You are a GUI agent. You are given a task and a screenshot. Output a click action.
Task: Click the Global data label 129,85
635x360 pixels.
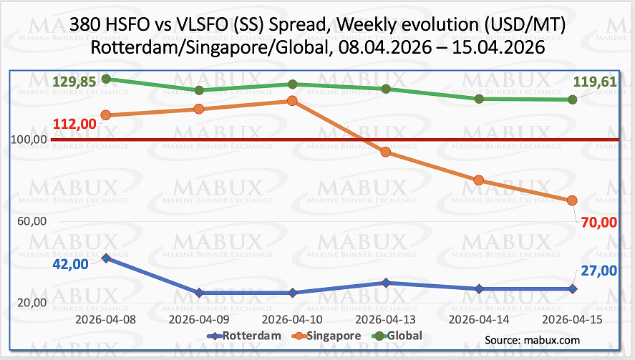(x=74, y=82)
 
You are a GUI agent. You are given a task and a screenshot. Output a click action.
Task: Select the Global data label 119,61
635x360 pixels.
(x=595, y=82)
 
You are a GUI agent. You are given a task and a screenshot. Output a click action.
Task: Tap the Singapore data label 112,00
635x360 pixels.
(x=74, y=124)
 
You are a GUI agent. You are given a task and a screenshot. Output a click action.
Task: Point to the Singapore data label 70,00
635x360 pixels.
(x=599, y=223)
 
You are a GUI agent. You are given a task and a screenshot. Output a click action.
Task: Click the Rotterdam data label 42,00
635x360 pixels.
(x=70, y=264)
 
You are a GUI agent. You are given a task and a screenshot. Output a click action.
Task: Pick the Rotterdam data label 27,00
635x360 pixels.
(x=599, y=271)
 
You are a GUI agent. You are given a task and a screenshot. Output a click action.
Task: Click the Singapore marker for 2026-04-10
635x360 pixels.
(x=292, y=101)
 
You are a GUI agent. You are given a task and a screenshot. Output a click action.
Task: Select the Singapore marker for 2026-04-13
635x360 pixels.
(x=386, y=152)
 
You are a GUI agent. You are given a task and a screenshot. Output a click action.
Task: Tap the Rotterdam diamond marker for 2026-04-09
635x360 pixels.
(x=199, y=293)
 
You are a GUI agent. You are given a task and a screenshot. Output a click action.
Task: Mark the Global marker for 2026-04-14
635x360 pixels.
(x=479, y=99)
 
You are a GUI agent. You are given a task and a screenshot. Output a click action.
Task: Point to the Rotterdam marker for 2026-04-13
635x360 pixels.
(x=386, y=283)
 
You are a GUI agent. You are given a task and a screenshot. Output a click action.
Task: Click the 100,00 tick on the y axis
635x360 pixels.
(x=29, y=140)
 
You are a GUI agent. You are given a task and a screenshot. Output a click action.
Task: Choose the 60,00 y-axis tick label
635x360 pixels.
(x=32, y=221)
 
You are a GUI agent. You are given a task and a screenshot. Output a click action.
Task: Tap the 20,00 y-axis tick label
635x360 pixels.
(x=32, y=303)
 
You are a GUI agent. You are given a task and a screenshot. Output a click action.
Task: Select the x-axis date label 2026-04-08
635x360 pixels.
(x=106, y=319)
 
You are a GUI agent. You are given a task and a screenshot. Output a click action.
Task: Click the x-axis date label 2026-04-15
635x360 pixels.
(x=572, y=319)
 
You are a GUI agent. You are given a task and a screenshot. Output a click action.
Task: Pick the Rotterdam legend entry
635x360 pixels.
(x=244, y=336)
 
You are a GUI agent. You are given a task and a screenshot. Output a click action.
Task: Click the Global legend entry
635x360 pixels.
(x=397, y=336)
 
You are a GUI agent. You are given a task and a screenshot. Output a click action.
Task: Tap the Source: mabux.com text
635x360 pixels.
(x=532, y=340)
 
